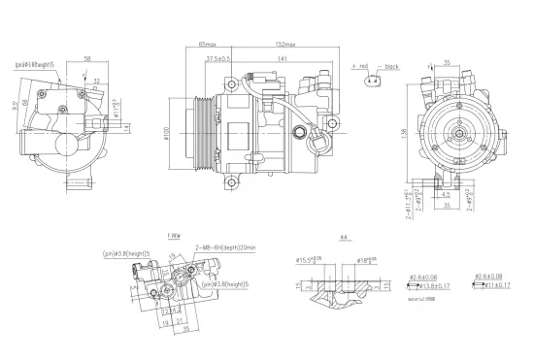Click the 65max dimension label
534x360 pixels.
[x=207, y=45]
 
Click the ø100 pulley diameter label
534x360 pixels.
[x=166, y=131]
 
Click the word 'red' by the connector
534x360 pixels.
[x=362, y=67]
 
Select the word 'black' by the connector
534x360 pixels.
[x=391, y=67]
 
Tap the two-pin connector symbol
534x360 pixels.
[x=372, y=82]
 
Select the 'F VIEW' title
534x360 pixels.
[x=176, y=236]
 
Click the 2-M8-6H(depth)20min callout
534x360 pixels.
[x=226, y=247]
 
